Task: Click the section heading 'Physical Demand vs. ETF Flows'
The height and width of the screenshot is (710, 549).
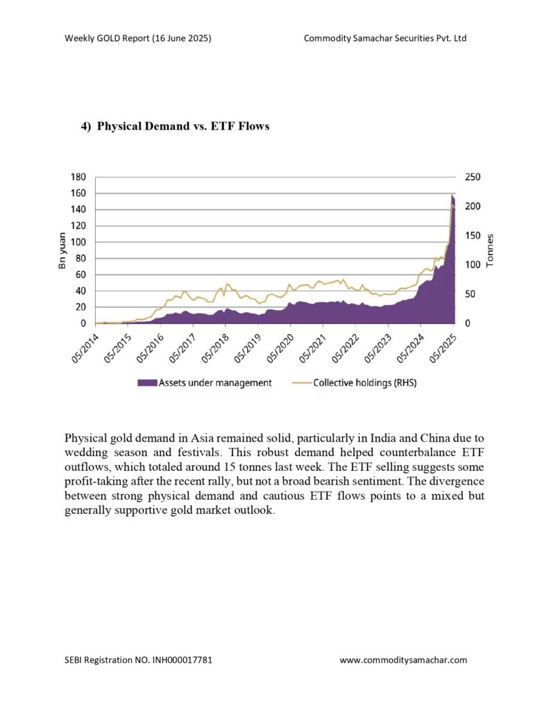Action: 183,126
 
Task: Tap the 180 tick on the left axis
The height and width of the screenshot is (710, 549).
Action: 78,177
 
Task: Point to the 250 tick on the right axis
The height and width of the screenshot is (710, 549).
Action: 473,177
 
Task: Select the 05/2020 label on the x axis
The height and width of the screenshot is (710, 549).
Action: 280,349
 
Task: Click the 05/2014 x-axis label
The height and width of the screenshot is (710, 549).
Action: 85,349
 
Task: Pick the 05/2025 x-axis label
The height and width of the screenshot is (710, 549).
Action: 443,349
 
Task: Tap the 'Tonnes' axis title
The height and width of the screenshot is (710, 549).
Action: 489,250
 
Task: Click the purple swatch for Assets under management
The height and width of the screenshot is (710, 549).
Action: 147,383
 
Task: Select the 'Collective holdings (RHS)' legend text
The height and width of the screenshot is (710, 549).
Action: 365,383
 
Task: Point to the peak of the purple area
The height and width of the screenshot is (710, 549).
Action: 452,195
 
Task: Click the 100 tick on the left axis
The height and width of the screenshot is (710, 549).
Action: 78,242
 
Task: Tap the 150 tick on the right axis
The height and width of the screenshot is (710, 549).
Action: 473,236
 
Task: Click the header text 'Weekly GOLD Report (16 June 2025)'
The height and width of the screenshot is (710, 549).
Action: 138,38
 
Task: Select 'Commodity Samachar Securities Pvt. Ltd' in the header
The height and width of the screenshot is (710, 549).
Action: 385,38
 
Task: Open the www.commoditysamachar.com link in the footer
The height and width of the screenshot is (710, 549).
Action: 403,660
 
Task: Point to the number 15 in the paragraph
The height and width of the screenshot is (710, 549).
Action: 230,467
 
